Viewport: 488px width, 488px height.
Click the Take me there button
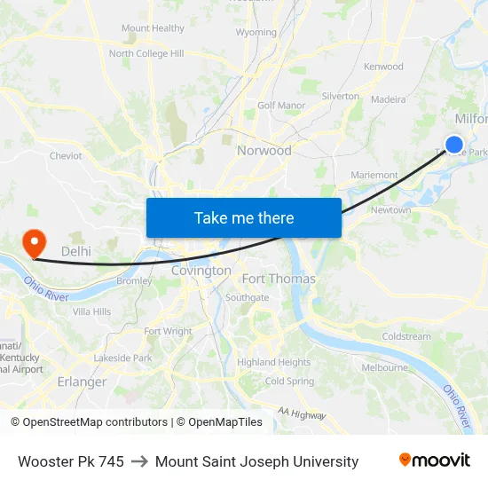[244, 217]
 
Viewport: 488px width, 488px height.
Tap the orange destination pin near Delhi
[34, 241]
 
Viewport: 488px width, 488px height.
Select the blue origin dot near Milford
[454, 144]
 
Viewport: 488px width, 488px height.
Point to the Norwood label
[264, 151]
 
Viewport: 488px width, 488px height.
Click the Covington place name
[201, 271]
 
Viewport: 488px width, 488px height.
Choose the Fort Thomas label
[279, 279]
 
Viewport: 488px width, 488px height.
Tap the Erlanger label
[82, 382]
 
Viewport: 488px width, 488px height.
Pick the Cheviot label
[66, 156]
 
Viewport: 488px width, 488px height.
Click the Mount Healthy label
[153, 28]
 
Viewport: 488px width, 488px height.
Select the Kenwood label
[383, 67]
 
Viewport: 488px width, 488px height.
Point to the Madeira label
[388, 100]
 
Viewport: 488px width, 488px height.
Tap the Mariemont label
[374, 176]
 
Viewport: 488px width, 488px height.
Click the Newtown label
[390, 210]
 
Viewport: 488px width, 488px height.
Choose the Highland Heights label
[273, 362]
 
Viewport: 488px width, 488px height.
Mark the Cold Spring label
[289, 382]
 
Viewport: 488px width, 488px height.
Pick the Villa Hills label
[91, 312]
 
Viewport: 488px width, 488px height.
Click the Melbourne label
[384, 367]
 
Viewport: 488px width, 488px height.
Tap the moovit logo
[434, 460]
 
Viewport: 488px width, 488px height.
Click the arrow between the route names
[139, 461]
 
